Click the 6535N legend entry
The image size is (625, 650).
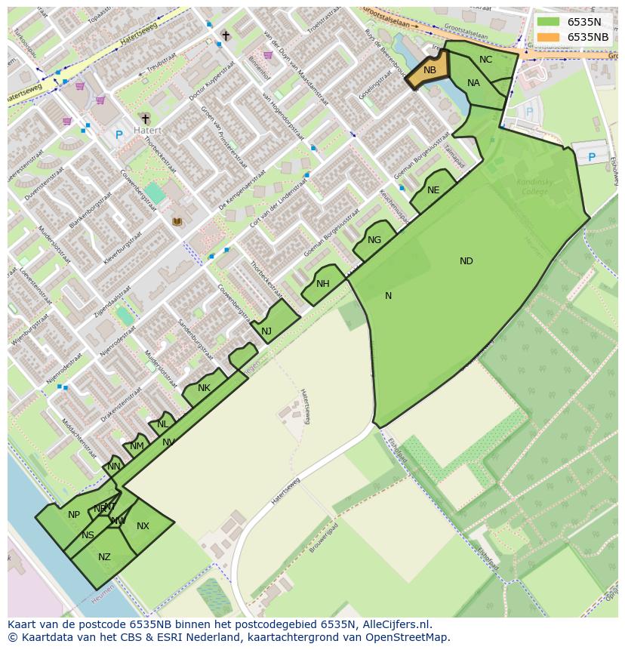click(x=583, y=22)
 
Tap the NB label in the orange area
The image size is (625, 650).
click(x=429, y=70)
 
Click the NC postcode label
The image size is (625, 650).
click(x=485, y=60)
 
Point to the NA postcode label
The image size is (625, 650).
click(x=473, y=83)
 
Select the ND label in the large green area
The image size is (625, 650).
click(x=466, y=261)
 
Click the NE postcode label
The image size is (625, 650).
click(x=433, y=190)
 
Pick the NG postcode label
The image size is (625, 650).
click(x=374, y=240)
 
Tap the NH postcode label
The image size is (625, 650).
click(x=323, y=284)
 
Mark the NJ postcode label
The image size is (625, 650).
click(x=266, y=331)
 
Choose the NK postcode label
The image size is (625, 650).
click(x=204, y=388)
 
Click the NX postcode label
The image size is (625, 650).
click(x=143, y=526)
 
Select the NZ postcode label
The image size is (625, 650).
click(x=104, y=557)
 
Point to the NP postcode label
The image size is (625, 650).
click(x=74, y=515)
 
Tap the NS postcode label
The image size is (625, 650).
click(x=88, y=535)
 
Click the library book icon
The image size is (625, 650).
click(x=177, y=221)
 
